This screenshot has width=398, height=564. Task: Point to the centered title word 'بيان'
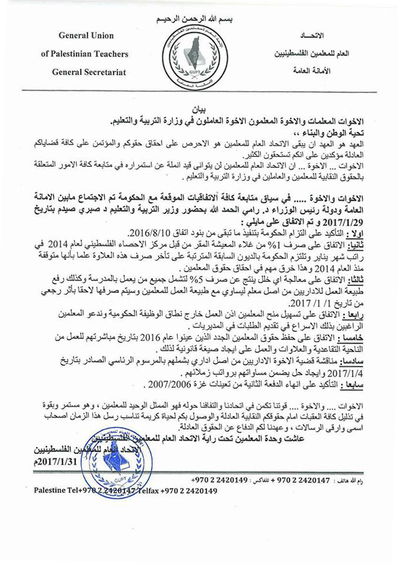pos(200,110)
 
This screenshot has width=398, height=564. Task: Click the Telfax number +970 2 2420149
pos(188,491)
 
